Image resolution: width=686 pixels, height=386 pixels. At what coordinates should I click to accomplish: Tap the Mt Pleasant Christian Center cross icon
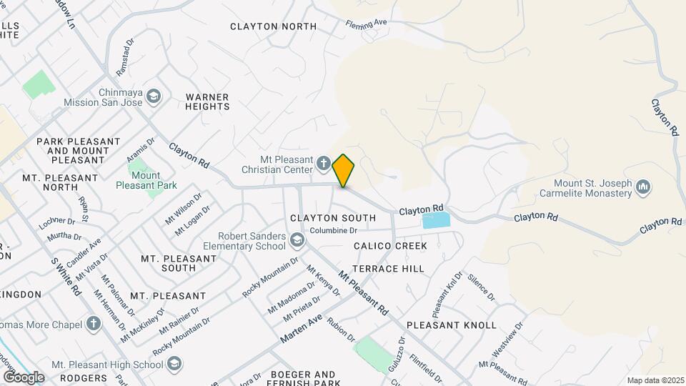click(323, 164)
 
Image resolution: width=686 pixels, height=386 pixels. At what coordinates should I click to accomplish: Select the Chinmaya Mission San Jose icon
click(155, 96)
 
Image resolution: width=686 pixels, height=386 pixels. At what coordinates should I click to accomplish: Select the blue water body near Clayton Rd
click(436, 220)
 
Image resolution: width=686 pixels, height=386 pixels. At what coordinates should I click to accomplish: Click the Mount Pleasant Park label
click(146, 179)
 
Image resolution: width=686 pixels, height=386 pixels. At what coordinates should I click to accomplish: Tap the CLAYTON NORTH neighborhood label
click(273, 26)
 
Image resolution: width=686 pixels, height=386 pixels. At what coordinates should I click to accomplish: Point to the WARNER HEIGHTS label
click(207, 102)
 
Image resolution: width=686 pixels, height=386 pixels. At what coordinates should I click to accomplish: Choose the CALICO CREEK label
click(391, 246)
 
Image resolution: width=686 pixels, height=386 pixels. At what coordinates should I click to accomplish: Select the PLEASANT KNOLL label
click(452, 325)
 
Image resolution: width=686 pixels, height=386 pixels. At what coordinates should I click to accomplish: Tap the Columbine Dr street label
click(333, 231)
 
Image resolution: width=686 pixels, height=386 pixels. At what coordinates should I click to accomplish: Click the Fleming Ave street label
click(367, 24)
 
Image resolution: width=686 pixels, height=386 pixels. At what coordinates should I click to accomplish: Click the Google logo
click(23, 377)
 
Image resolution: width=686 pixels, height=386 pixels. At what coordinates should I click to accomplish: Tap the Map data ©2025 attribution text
click(654, 380)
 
